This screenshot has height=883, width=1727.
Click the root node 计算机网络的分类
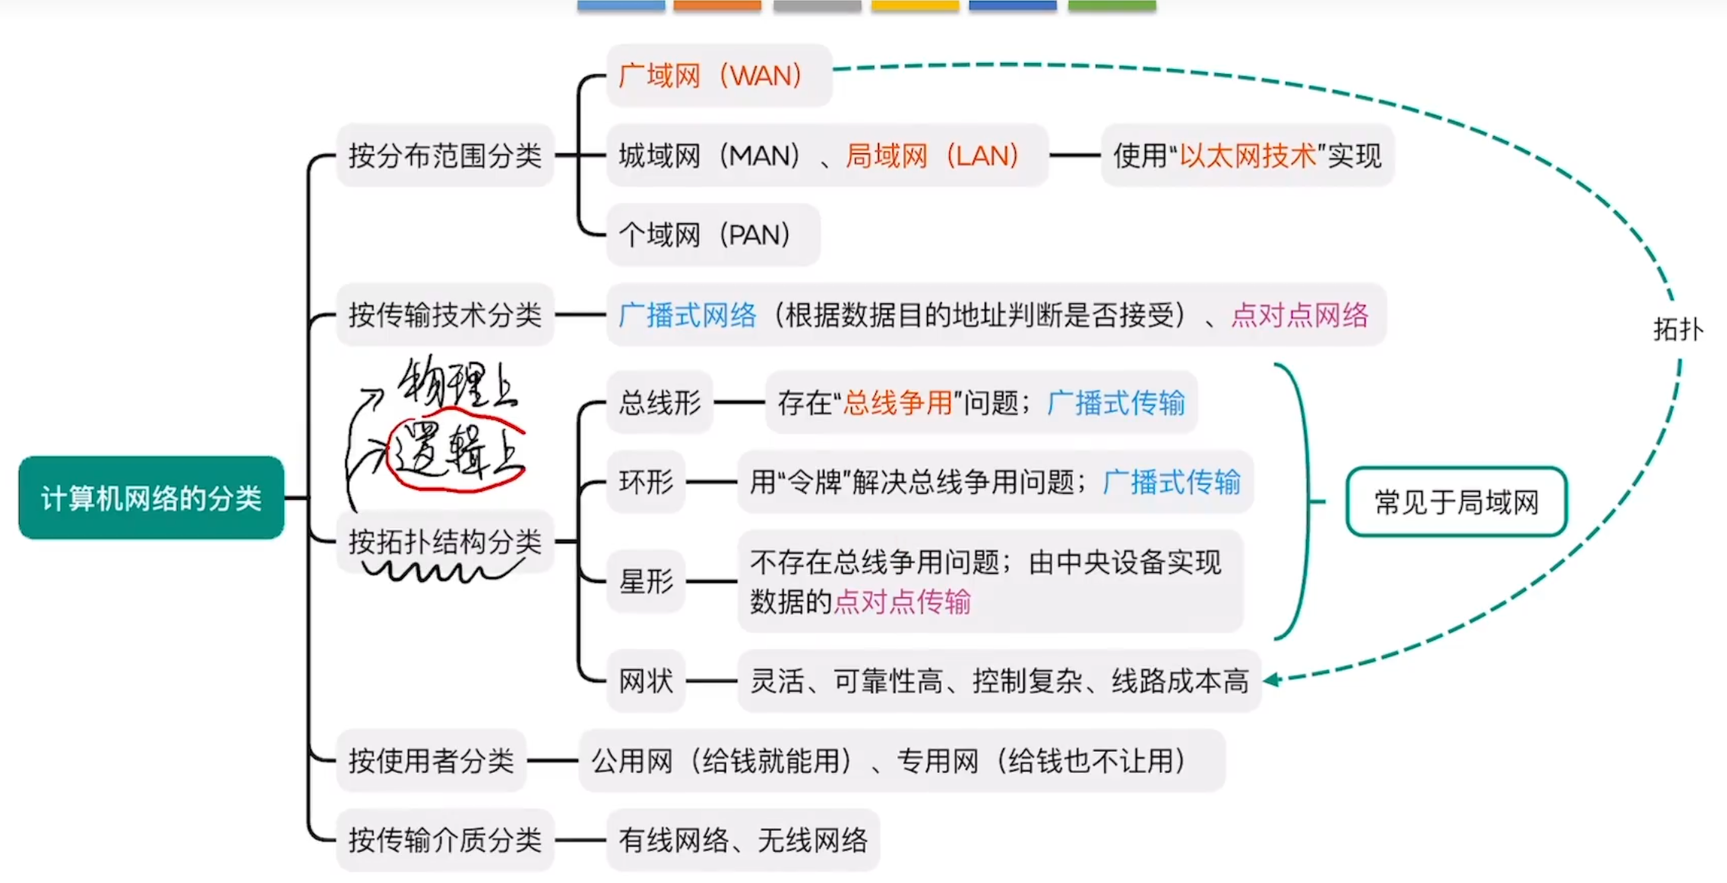click(151, 498)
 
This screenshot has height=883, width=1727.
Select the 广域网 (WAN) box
click(718, 75)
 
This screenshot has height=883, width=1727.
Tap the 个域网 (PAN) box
click(712, 235)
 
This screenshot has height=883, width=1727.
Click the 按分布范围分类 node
click(444, 156)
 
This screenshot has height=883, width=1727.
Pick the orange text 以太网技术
click(1247, 156)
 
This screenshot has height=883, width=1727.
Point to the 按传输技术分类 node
click(444, 315)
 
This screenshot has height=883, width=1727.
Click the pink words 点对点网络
click(1299, 315)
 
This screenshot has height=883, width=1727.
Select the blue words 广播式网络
click(688, 315)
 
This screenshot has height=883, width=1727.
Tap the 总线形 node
click(659, 403)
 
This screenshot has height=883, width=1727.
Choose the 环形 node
click(646, 482)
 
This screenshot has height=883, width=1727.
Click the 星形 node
click(646, 581)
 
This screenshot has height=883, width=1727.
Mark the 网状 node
click(646, 681)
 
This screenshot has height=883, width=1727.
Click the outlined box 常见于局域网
click(1456, 502)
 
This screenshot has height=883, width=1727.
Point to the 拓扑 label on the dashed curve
click(1678, 330)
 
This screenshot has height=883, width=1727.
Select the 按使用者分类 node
click(431, 761)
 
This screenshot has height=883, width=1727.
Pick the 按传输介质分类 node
click(444, 840)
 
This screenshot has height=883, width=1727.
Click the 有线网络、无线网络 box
click(742, 840)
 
